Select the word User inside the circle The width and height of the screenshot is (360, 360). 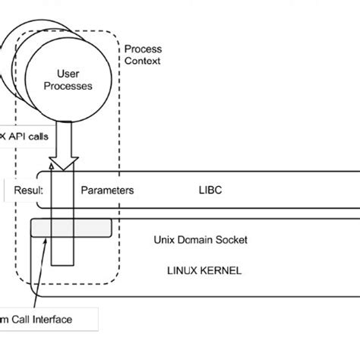click(69, 74)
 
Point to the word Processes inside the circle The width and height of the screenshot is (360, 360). click(69, 86)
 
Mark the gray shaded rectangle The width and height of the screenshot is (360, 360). click(71, 229)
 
